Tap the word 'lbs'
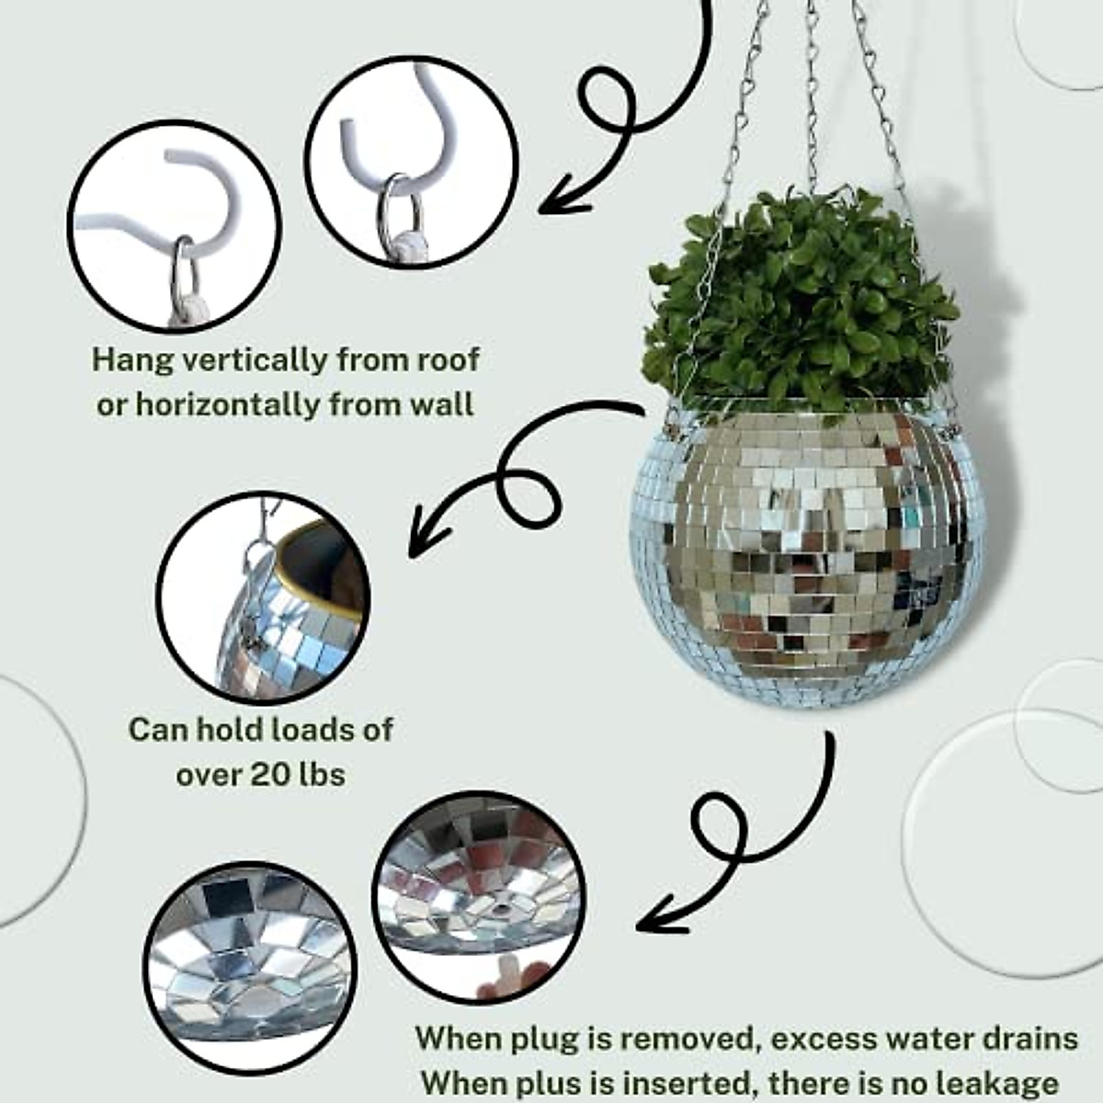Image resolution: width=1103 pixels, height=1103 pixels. [324, 774]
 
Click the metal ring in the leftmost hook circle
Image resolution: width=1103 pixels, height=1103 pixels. [184, 267]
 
